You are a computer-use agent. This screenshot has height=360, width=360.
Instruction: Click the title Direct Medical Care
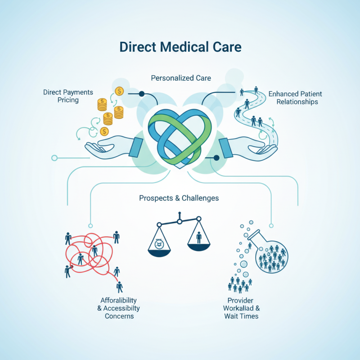click(180, 47)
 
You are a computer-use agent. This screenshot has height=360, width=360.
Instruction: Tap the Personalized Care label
click(181, 78)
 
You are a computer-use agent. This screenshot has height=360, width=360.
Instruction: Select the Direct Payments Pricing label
click(68, 96)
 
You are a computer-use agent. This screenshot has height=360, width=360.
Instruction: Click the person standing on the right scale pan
click(198, 237)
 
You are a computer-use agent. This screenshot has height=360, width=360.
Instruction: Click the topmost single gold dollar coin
click(119, 91)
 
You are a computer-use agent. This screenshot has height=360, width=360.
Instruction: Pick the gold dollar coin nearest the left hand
click(104, 131)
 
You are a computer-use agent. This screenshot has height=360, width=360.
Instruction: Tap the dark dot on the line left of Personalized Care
click(141, 94)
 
